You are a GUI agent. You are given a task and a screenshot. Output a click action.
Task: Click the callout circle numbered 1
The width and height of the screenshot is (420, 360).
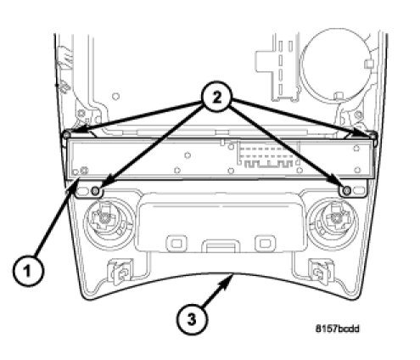pyautogui.click(x=28, y=271)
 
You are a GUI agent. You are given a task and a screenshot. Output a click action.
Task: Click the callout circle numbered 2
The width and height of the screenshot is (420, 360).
pyautogui.click(x=216, y=98)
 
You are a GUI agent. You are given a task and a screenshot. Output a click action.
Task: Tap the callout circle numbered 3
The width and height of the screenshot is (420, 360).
pyautogui.click(x=192, y=320)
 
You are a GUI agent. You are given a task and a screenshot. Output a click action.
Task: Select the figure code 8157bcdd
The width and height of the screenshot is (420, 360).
pyautogui.click(x=337, y=329)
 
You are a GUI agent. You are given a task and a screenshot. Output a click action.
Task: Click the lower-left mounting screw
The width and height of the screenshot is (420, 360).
pyautogui.click(x=96, y=191)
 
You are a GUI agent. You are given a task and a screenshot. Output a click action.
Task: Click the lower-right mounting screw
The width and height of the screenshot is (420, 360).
pyautogui.click(x=346, y=191)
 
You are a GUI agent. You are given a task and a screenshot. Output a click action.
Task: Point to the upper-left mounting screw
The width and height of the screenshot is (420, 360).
pyautogui.click(x=67, y=134)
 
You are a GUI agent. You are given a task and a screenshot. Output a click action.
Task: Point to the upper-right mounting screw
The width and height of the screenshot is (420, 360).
pyautogui.click(x=373, y=134)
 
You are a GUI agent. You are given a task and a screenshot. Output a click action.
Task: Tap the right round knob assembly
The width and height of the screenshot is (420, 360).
pyautogui.click(x=333, y=223)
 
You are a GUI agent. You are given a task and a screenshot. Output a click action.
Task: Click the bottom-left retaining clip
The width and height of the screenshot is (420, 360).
pyautogui.click(x=120, y=272)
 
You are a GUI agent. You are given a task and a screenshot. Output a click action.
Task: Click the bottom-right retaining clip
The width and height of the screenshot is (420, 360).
pyautogui.click(x=321, y=272)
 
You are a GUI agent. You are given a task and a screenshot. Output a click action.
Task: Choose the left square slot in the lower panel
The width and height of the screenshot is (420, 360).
pyautogui.click(x=176, y=243)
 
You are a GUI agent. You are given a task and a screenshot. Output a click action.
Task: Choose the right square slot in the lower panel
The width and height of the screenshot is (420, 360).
pyautogui.click(x=265, y=243)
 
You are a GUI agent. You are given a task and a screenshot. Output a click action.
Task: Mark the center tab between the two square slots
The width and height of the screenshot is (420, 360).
pyautogui.click(x=221, y=246)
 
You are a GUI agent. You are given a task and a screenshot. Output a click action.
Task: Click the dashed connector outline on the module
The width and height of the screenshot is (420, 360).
pyautogui.click(x=268, y=154)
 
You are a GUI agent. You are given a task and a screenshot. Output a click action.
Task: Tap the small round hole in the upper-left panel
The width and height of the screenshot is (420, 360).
pyautogui.click(x=115, y=96)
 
